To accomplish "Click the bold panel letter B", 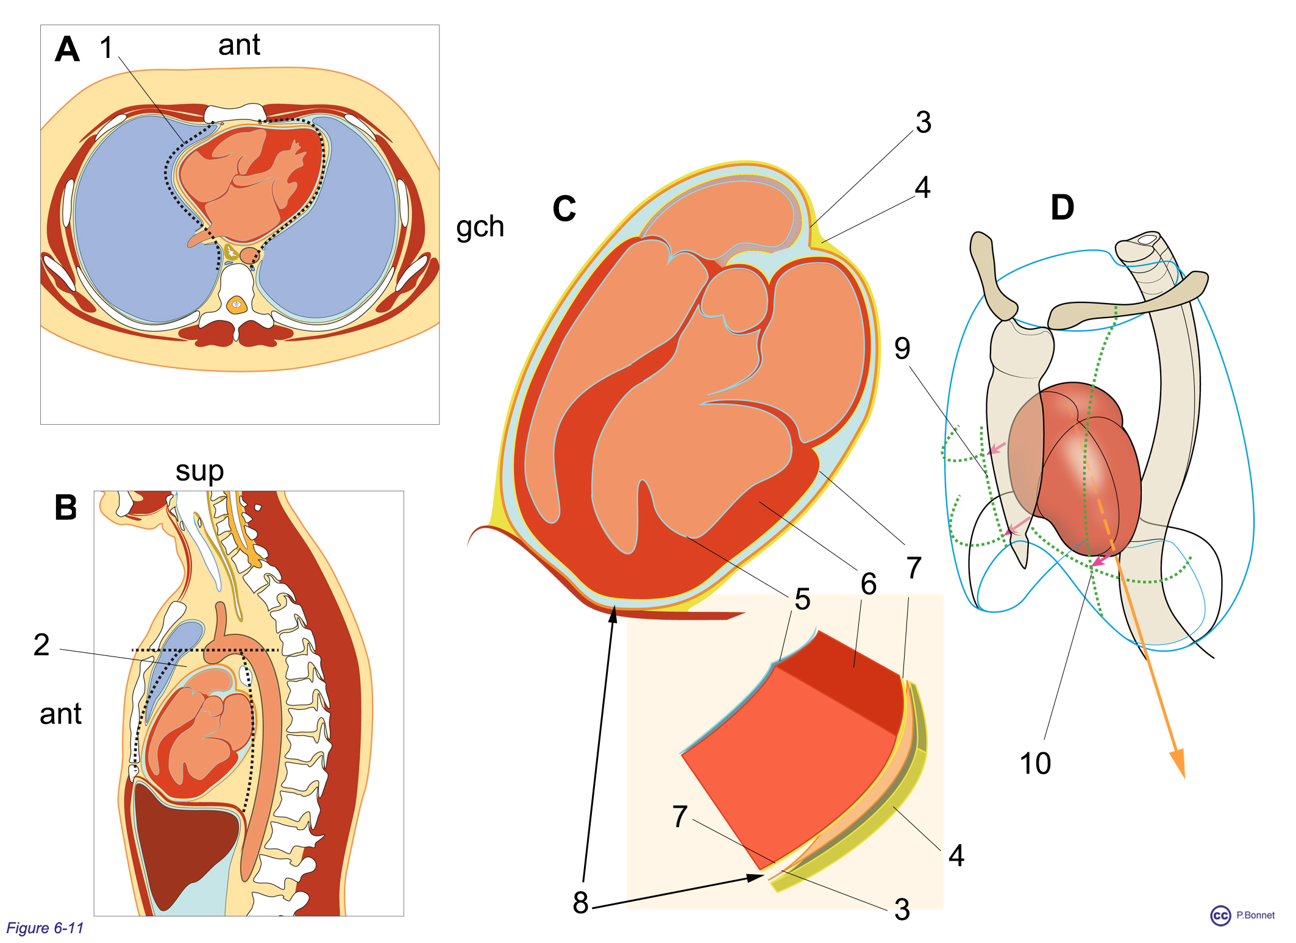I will click(x=66, y=507).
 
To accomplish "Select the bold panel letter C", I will click(x=564, y=208).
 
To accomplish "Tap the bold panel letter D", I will click(x=1062, y=207).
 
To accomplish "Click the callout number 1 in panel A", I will click(x=107, y=47).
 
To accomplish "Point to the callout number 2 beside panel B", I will click(x=41, y=644).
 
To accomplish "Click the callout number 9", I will click(x=902, y=348).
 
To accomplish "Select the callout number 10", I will click(x=1035, y=763).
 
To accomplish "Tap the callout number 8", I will click(x=580, y=902).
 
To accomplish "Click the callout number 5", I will click(x=802, y=599).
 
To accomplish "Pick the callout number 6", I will click(x=869, y=584).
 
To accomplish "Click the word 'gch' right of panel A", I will click(x=480, y=227).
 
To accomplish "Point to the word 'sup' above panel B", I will click(x=199, y=471).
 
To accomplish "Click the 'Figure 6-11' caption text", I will click(x=45, y=928).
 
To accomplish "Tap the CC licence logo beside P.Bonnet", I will click(x=1220, y=916).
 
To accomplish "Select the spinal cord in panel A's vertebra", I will click(x=236, y=304).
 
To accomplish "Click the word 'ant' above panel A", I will click(x=239, y=45).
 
